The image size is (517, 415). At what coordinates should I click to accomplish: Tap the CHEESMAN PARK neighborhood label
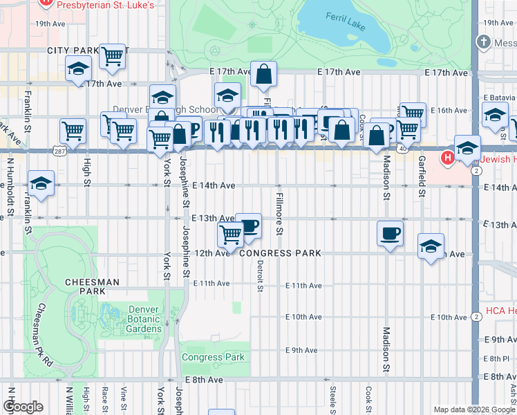pos(92,286)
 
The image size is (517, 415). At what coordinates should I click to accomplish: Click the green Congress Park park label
pos(213,358)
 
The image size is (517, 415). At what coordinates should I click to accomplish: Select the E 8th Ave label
pos(203,380)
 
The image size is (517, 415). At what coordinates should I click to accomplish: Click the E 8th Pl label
pos(496,358)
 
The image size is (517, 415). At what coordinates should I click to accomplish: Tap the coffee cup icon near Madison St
pos(391,233)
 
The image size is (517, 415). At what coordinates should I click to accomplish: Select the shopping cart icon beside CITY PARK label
pos(111,57)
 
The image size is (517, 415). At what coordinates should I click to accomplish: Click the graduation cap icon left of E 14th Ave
pos(41,184)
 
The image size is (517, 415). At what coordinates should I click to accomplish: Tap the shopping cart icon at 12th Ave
pos(230,234)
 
